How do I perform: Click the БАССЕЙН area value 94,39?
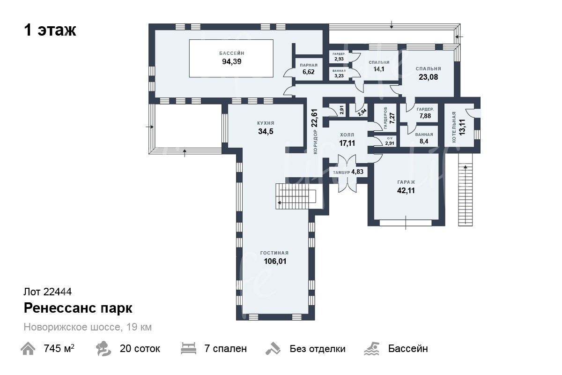(x=231, y=61)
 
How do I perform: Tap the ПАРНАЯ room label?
(x=309, y=65)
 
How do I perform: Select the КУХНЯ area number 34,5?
(x=266, y=131)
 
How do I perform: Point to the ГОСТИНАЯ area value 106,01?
(x=275, y=261)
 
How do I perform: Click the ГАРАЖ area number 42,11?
(x=406, y=190)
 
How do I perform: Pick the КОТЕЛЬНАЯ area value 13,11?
(x=462, y=127)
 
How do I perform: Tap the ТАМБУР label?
(x=341, y=172)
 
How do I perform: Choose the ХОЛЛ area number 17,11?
(x=347, y=143)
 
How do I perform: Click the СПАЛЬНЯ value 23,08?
(x=428, y=77)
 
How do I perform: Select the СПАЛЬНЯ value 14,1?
(x=379, y=69)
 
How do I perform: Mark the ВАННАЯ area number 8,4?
(x=424, y=141)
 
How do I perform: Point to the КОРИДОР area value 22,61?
(x=314, y=118)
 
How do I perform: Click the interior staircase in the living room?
(x=296, y=196)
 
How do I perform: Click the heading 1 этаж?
(x=50, y=30)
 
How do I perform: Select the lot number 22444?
(x=58, y=292)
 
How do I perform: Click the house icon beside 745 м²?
(x=28, y=349)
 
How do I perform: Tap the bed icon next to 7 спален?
(x=188, y=348)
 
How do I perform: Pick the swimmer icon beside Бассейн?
(x=371, y=348)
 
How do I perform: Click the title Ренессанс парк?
(x=78, y=308)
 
